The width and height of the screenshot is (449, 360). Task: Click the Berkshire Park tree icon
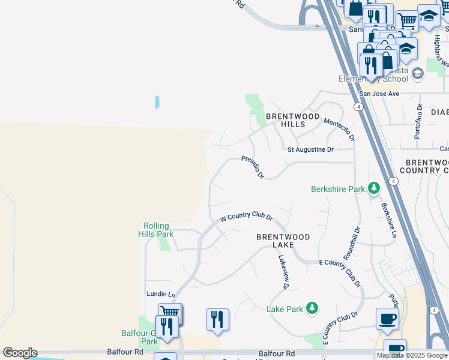(374, 189)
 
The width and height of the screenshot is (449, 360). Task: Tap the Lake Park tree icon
(312, 308)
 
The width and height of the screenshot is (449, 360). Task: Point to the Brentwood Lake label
(283, 241)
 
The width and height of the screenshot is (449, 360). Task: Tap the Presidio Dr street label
(253, 166)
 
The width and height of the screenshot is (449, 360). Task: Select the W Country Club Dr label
(247, 218)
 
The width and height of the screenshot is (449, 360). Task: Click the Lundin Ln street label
(161, 295)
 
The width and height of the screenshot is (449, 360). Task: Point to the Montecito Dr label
(339, 129)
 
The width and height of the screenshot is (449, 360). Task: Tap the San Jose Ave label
(379, 94)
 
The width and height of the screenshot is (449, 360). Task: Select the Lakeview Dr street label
(283, 272)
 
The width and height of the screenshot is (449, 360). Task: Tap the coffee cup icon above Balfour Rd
(387, 318)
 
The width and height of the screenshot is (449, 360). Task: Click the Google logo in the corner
(20, 353)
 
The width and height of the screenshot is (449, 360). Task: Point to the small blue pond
(157, 102)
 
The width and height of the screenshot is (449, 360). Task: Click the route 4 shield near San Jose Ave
(358, 106)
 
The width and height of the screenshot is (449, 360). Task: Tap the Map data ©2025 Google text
(412, 355)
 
